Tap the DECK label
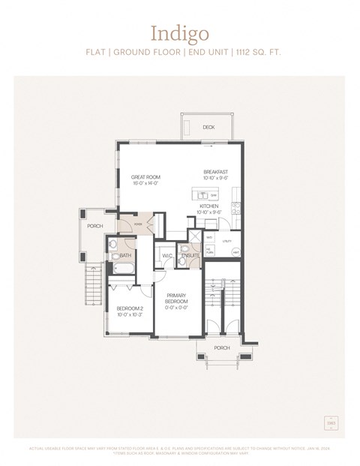pos(208,128)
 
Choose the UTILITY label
pos(227,241)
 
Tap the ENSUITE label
pos(190,256)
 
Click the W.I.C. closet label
pos(167,256)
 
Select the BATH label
pos(125,256)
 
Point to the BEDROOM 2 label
pos(129,310)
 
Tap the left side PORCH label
pos(95,226)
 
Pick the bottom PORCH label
pos(222,347)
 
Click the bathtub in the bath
pos(124,268)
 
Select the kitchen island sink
pos(214,194)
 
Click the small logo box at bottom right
pos(331,424)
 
